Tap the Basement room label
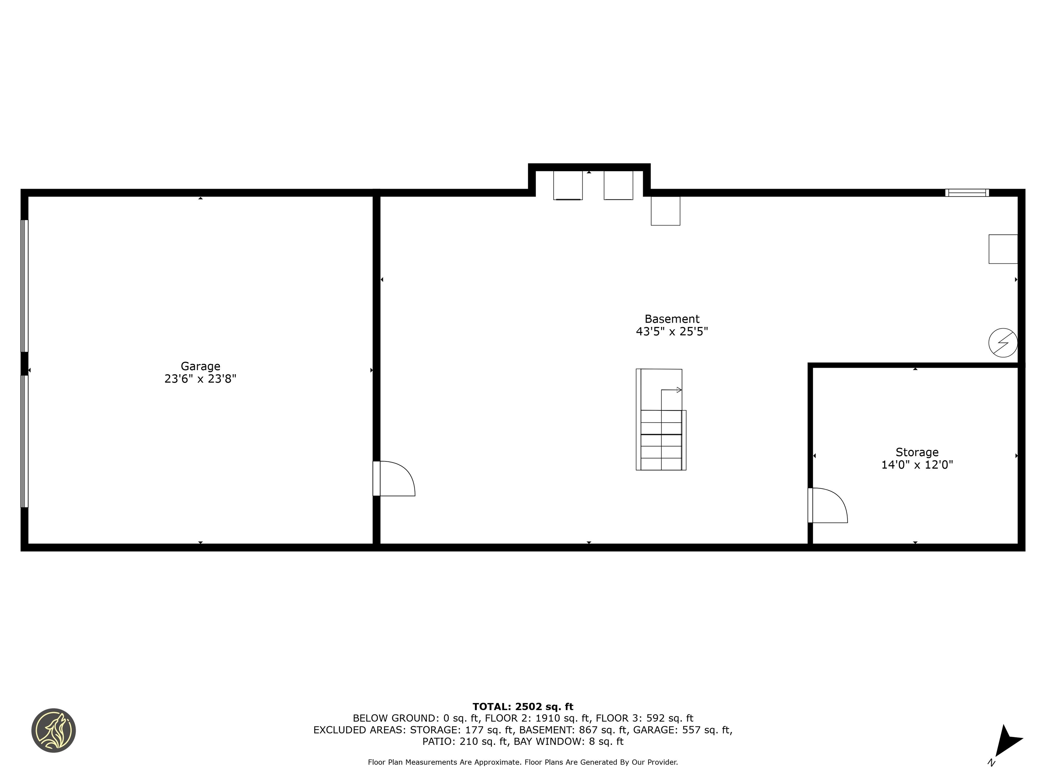pos(671,319)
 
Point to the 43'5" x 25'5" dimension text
pos(671,332)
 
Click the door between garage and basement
pos(395,478)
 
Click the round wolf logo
pos(53,730)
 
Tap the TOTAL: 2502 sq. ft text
pos(523,706)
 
